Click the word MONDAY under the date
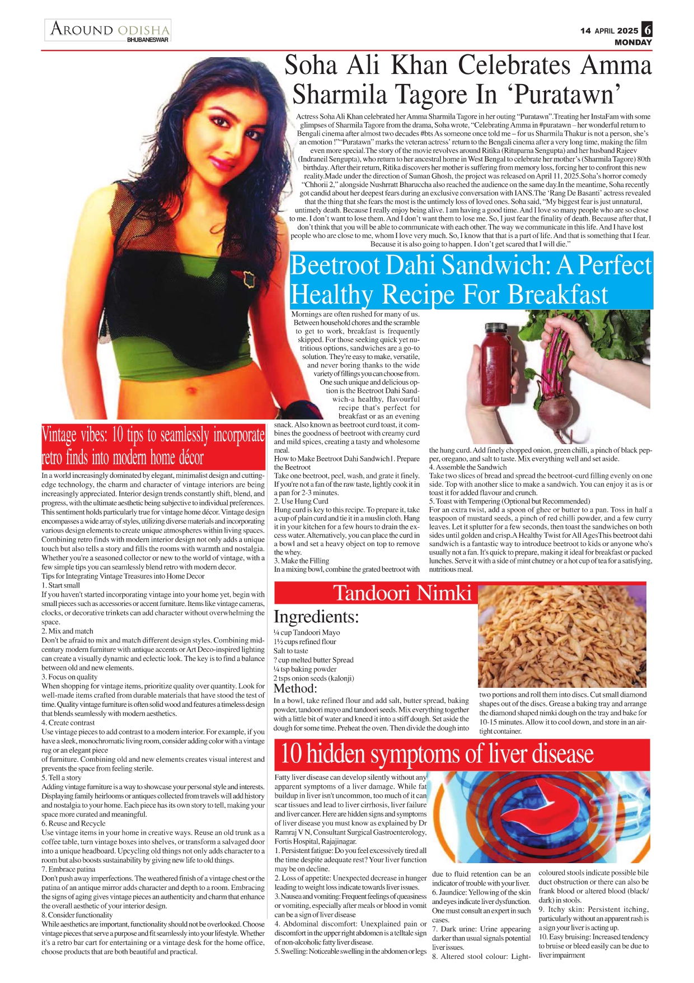(633, 43)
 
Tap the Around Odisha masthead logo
(109, 30)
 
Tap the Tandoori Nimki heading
(402, 593)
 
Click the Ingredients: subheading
(316, 617)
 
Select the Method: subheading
(295, 688)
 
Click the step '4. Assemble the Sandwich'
(468, 467)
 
